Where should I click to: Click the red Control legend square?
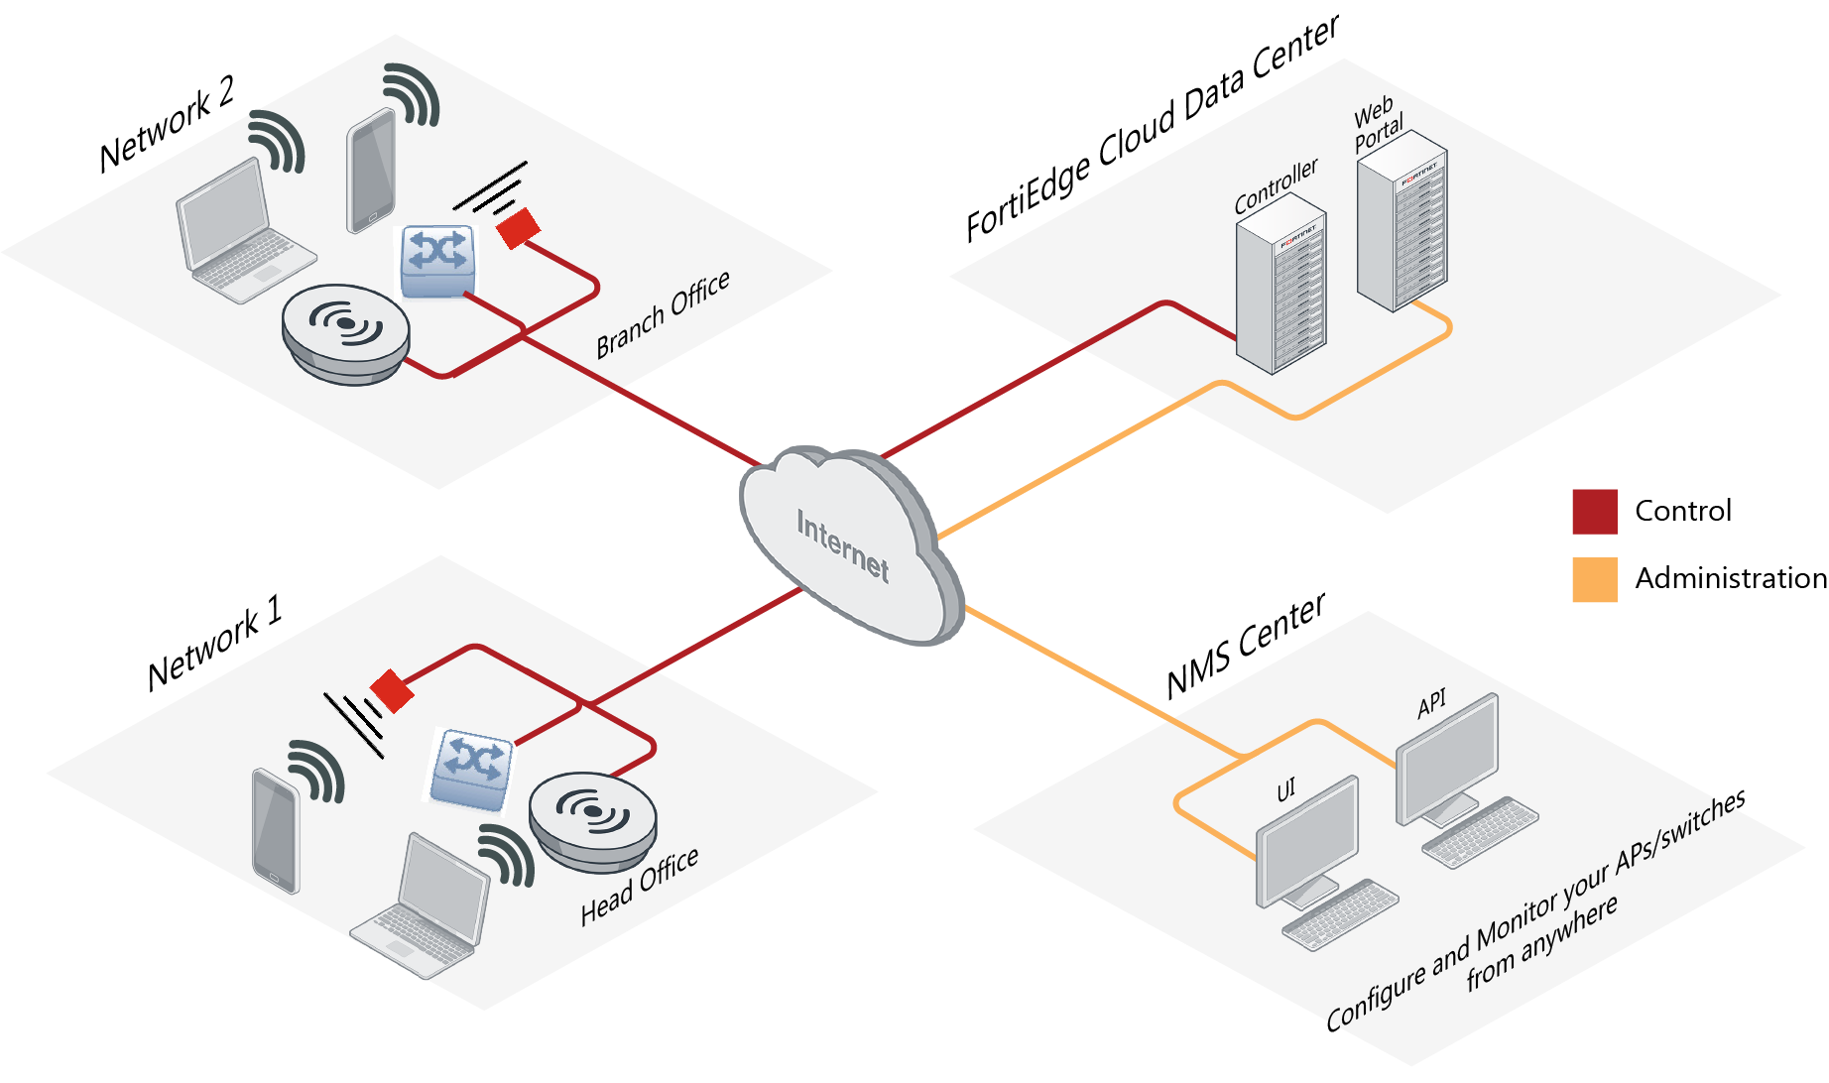[x=1594, y=512]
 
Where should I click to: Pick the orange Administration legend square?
[x=1594, y=579]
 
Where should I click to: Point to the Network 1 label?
[x=214, y=644]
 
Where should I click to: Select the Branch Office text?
[x=663, y=314]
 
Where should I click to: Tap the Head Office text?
[x=639, y=886]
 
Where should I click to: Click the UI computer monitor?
[x=1307, y=843]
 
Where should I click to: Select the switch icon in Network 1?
[x=471, y=769]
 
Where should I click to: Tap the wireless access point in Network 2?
[x=345, y=332]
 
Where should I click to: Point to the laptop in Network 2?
[x=238, y=233]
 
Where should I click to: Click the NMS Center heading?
[x=1245, y=647]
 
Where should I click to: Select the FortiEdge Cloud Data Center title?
[x=1152, y=129]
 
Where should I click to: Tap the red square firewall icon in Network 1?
[x=392, y=690]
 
